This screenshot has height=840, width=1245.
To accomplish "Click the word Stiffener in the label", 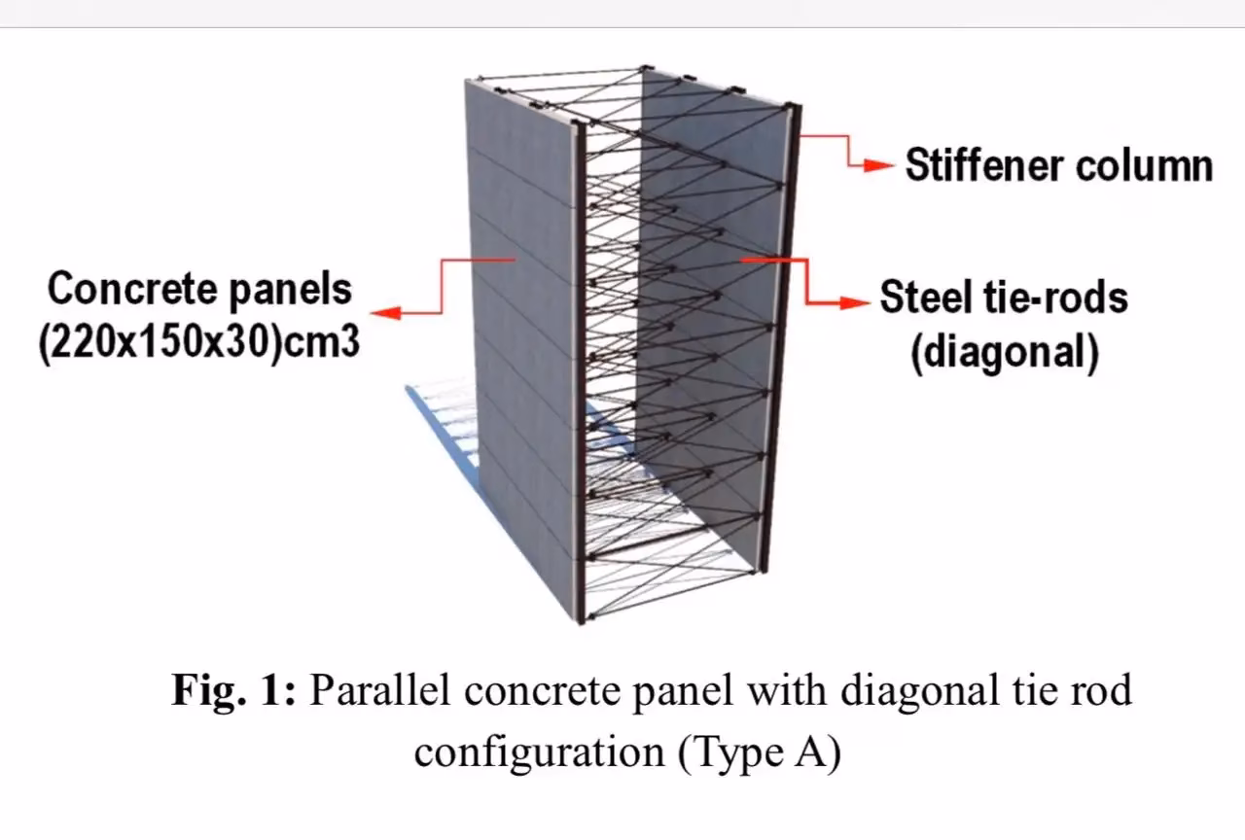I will click(x=983, y=165).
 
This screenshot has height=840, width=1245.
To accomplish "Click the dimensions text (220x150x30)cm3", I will click(x=198, y=342).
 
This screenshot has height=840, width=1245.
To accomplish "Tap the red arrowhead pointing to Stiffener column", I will click(x=880, y=166).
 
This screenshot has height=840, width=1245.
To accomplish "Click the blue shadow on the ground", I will click(x=443, y=437).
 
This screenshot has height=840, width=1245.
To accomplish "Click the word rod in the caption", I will click(x=1101, y=691).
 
